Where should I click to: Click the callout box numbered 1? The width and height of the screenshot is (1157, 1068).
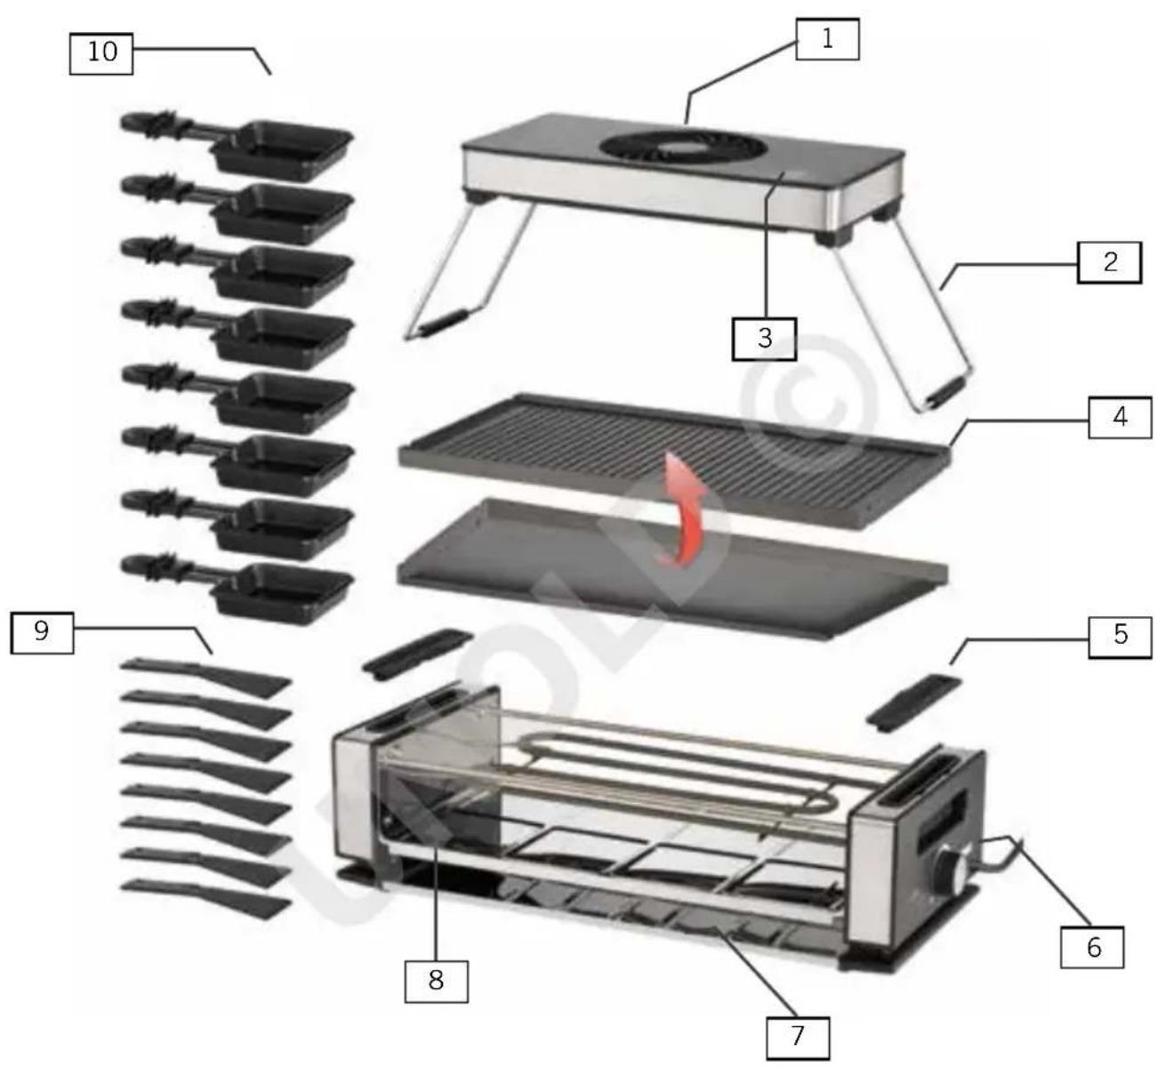coord(827,40)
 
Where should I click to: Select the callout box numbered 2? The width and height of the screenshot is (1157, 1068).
coord(1109,262)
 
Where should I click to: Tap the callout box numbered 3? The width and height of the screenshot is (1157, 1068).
coord(764,339)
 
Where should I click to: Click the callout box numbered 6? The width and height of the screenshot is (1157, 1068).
coord(1093,947)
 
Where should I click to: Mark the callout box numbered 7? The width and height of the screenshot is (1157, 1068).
coord(798,1036)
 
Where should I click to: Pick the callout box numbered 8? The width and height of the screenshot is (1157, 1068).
coord(436,981)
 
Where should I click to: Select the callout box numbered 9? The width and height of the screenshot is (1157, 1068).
coord(41,632)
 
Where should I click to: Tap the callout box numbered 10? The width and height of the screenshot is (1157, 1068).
coord(101,52)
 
